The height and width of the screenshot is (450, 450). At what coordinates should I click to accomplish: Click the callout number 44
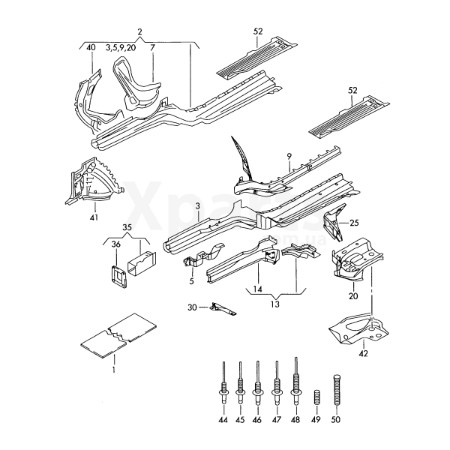223,421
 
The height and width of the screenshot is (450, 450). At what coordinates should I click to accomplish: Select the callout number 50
336,421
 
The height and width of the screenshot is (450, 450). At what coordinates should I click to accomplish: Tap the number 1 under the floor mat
113,369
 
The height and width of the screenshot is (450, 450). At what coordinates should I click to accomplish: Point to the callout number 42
364,352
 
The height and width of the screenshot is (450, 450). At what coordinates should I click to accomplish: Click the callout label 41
93,218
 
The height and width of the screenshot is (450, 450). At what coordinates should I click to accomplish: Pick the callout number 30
191,307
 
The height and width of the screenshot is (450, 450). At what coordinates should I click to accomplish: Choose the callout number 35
127,227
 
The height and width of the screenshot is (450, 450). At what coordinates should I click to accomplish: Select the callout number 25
355,223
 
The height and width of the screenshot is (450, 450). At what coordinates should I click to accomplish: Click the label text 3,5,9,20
120,47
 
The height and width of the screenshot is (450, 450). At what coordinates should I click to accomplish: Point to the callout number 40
91,47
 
